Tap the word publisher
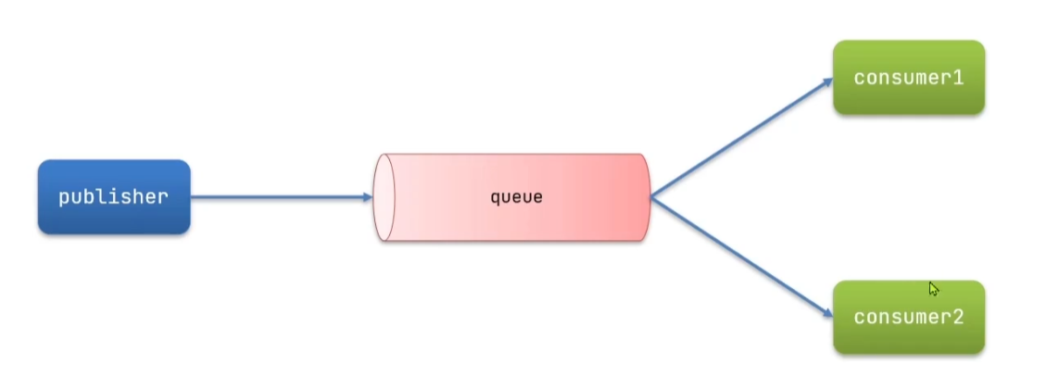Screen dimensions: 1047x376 114,197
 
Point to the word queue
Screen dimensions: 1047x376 516,197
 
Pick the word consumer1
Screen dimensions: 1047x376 908,78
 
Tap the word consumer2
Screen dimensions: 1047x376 908,318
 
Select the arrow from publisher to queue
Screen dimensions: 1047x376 278,196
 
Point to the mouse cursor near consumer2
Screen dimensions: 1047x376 933,288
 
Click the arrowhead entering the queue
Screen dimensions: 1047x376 367,196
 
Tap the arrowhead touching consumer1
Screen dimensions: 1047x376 827,81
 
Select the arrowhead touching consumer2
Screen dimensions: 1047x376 827,314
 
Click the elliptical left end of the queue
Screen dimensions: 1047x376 385,197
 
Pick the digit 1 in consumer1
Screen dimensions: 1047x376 958,78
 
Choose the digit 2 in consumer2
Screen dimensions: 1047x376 958,318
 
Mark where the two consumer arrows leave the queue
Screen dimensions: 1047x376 651,197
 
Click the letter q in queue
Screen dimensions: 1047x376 495,198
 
